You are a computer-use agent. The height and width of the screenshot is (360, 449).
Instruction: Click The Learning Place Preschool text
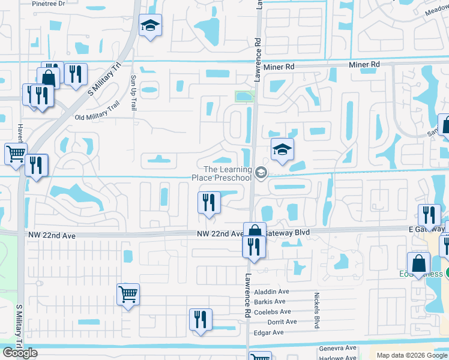pos(221,173)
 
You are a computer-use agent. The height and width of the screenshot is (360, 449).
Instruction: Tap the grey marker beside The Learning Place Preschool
pos(261,173)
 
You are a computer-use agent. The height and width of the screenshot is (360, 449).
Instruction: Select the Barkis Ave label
pos(270,301)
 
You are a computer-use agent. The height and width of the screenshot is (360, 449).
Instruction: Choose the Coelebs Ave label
pos(272,311)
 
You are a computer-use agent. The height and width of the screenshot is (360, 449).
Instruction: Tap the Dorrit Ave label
pos(282,322)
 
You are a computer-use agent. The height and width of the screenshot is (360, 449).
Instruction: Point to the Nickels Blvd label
pos(316,310)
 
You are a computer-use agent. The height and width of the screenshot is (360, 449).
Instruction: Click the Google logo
pos(20,353)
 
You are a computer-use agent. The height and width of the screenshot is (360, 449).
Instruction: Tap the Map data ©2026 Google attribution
pos(412,355)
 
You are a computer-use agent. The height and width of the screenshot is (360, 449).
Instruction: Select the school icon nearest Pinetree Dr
pos(150,26)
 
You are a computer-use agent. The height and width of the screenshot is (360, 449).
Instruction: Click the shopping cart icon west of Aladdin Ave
pos(128,294)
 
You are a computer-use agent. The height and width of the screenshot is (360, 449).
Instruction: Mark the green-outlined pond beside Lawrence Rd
pos(244,97)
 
